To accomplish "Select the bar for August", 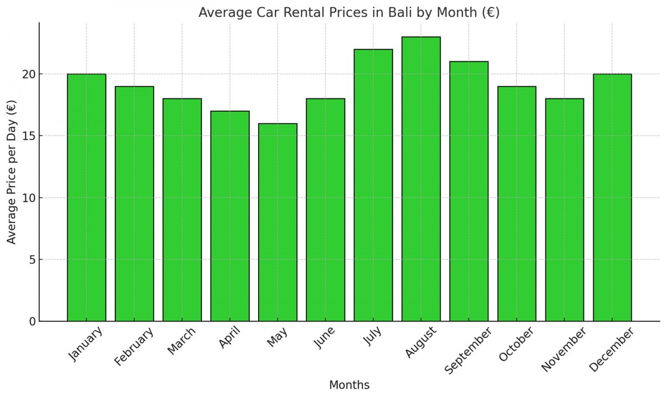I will click(421, 179).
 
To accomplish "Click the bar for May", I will click(277, 222).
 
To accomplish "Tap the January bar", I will click(87, 197).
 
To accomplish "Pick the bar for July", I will click(373, 185).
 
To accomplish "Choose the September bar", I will click(468, 191).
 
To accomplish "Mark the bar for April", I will click(230, 216).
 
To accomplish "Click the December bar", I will click(612, 197).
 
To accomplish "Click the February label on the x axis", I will click(133, 347).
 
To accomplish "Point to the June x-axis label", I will click(324, 338).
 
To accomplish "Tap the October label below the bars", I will click(516, 344).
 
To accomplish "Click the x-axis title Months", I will click(349, 385).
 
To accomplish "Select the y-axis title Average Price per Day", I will click(12, 172).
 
